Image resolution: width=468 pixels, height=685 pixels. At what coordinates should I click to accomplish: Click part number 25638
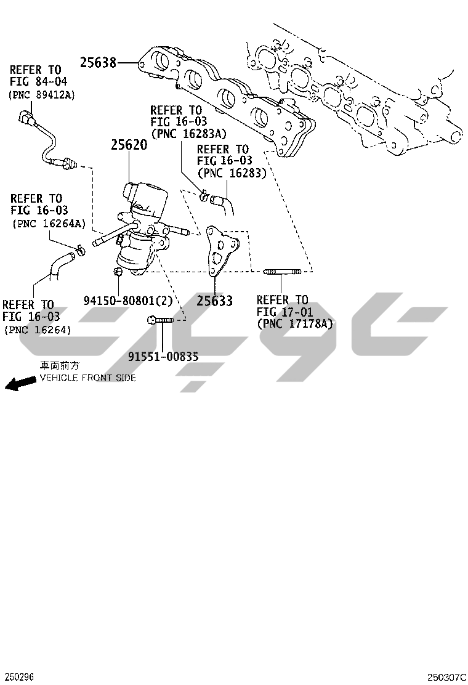point(99,63)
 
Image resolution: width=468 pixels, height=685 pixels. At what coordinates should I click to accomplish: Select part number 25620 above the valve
point(129,145)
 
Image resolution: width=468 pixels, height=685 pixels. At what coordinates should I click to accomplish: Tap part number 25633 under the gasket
point(214,301)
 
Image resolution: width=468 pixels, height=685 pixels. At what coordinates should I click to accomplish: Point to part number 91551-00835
point(163,357)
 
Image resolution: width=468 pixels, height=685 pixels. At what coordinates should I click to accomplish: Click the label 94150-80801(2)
point(128,301)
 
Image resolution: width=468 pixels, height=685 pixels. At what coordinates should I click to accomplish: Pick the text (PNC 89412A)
point(42,95)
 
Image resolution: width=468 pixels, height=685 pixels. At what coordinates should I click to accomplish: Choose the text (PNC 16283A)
point(188,134)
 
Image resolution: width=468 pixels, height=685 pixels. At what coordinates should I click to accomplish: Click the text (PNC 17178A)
point(295,324)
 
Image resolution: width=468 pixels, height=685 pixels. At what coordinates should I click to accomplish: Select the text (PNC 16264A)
point(49,224)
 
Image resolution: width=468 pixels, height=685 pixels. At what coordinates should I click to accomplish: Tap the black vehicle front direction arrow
point(20,383)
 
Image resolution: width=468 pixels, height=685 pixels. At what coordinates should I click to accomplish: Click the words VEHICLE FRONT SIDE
point(87,378)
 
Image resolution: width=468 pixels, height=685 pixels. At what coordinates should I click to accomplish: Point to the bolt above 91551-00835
point(160,320)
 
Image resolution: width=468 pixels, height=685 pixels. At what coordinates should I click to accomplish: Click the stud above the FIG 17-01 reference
point(282,272)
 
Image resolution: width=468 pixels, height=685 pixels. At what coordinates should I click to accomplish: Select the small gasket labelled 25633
point(221,250)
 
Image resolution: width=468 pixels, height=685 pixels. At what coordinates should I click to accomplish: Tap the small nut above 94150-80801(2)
point(117,272)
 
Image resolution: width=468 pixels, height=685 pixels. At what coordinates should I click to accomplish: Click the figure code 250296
point(17,677)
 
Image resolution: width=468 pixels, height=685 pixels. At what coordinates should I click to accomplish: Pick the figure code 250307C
point(446,677)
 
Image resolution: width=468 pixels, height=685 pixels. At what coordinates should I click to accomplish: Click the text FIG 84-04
point(38,82)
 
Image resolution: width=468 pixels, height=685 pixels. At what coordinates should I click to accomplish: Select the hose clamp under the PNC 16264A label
point(81,250)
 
